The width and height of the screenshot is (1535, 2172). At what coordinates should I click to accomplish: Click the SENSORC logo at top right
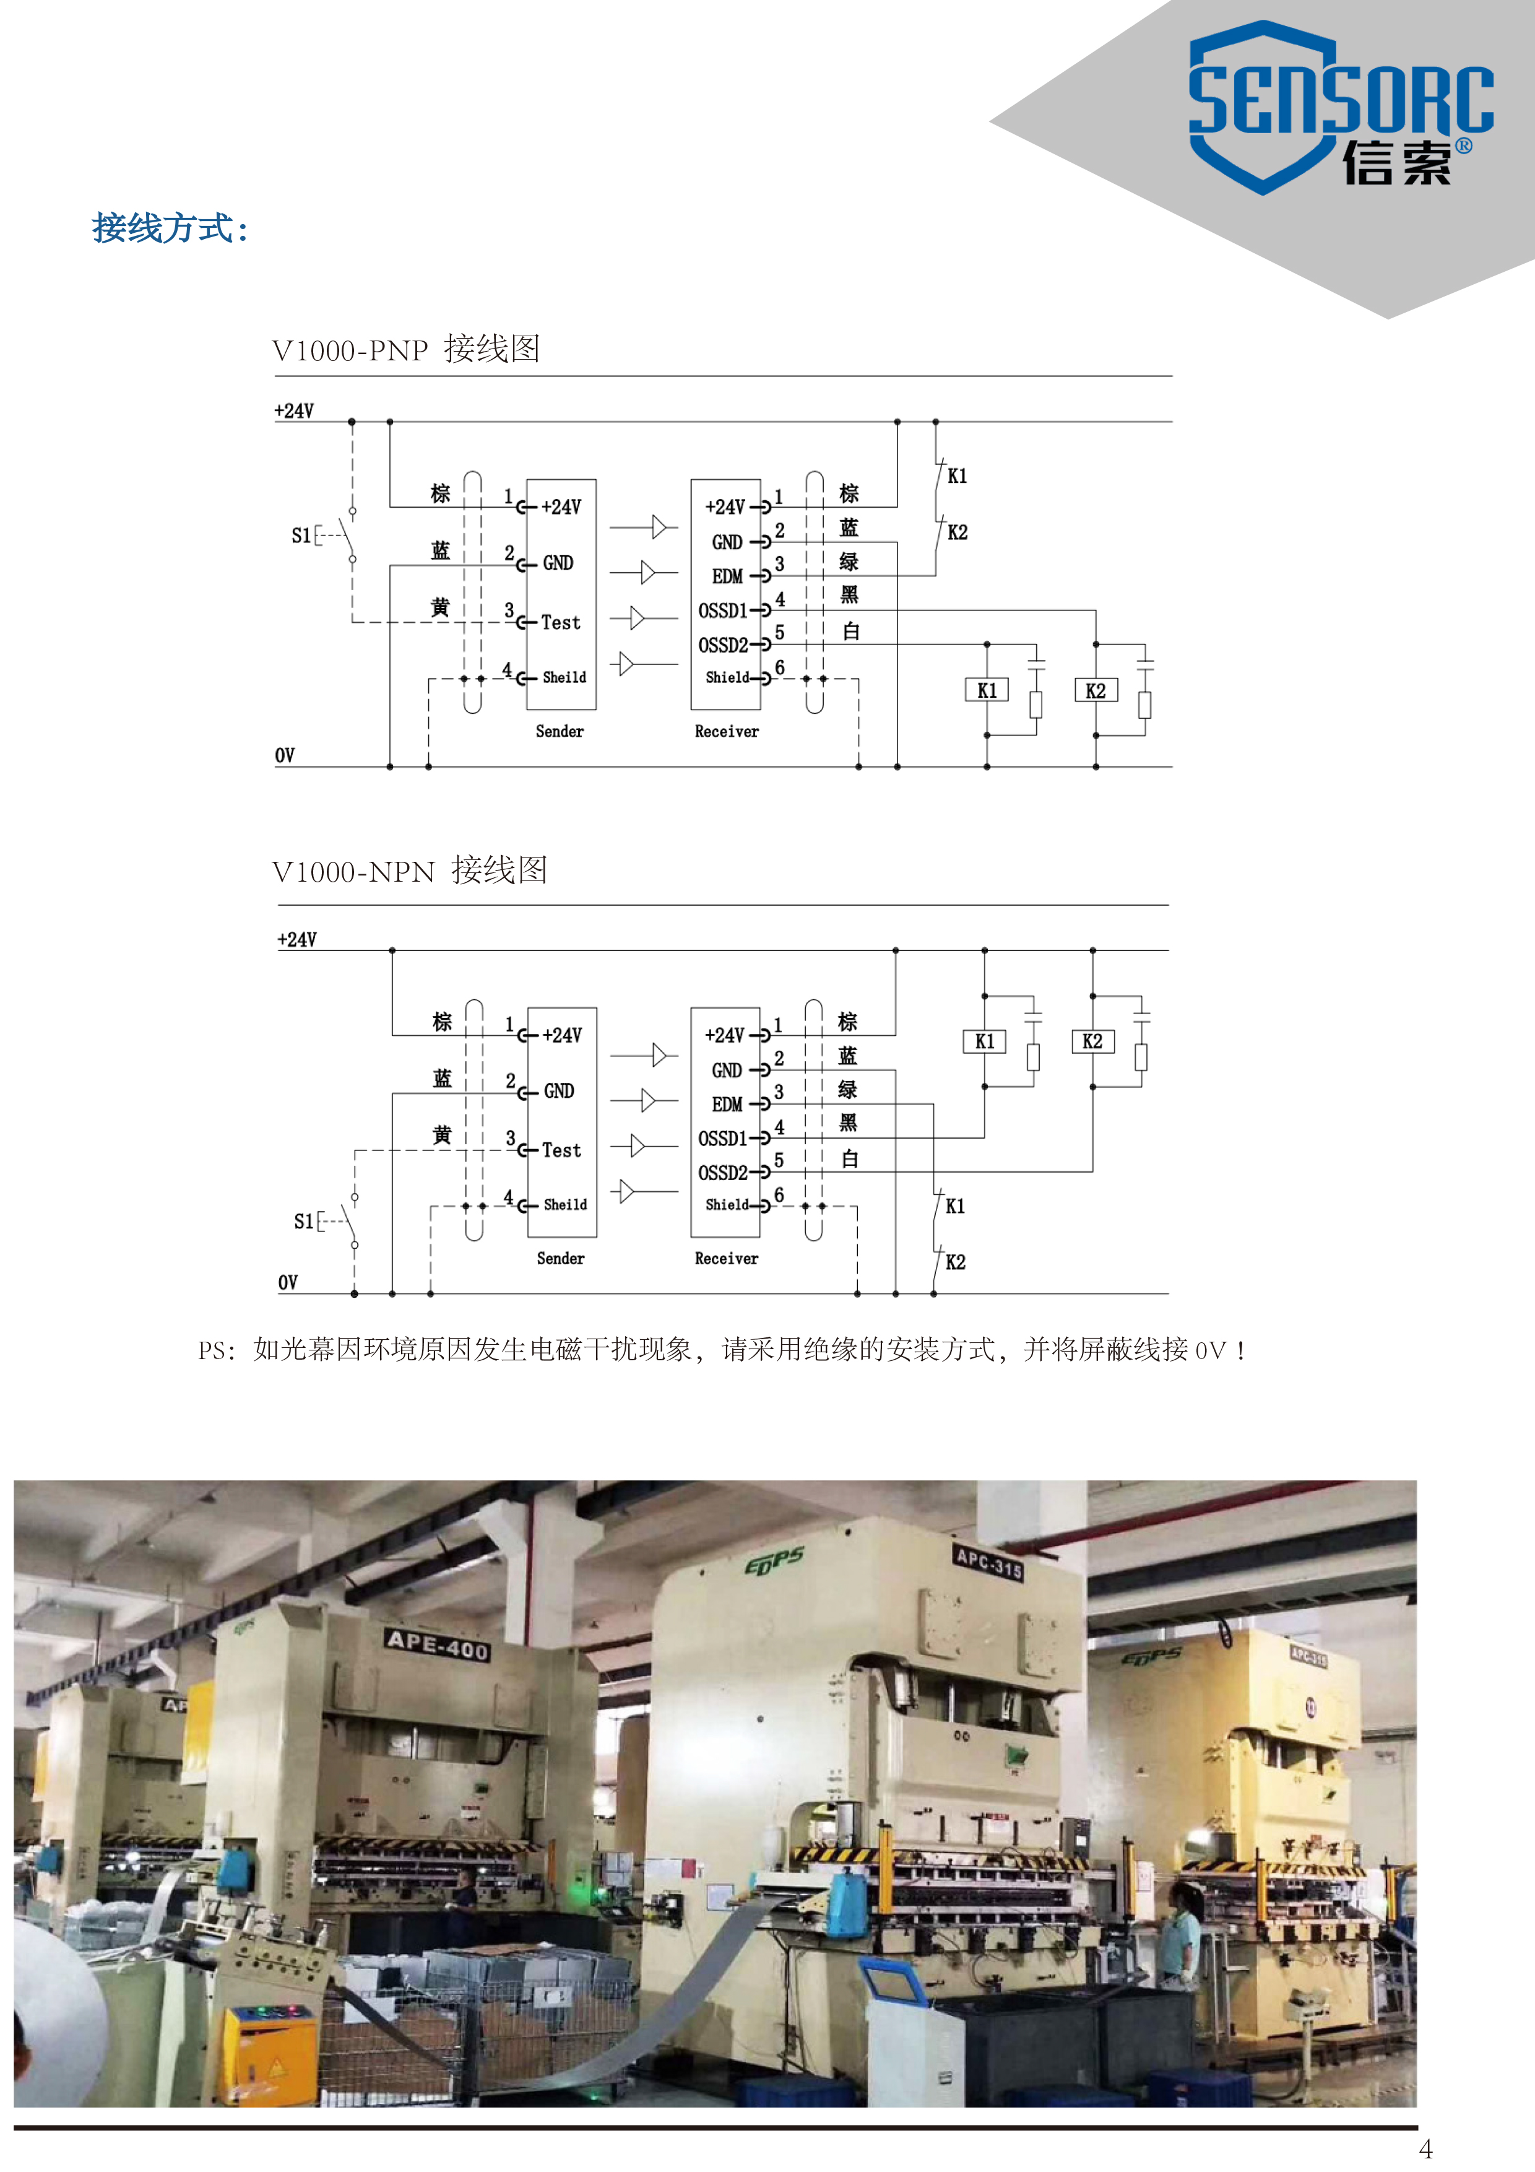click(x=1339, y=108)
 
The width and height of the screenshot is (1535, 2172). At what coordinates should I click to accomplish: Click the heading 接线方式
click(x=170, y=228)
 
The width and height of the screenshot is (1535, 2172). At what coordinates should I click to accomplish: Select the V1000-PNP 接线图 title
click(x=406, y=349)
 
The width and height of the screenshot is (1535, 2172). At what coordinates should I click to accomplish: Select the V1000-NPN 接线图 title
click(x=410, y=871)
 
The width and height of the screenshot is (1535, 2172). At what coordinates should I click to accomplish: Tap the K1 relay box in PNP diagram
click(x=987, y=690)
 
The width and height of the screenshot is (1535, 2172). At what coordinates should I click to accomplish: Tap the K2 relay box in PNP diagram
click(x=1095, y=690)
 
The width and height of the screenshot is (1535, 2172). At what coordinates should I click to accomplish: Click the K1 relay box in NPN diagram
click(x=985, y=1041)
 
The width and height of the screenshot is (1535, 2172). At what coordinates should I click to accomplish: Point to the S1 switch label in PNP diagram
click(x=301, y=536)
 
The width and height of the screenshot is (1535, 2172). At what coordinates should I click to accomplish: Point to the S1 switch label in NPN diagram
click(x=303, y=1221)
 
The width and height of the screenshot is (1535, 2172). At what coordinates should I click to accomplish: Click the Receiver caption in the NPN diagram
click(x=727, y=1258)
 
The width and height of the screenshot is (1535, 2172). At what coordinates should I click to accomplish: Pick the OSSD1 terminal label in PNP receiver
click(x=722, y=611)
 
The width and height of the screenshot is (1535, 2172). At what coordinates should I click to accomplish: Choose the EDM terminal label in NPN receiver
click(x=727, y=1104)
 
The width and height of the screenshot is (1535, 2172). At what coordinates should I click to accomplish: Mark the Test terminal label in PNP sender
click(x=561, y=622)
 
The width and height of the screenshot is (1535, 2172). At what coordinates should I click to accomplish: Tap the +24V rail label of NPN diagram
click(x=297, y=939)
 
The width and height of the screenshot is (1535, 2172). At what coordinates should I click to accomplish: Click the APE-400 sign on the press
click(x=437, y=1644)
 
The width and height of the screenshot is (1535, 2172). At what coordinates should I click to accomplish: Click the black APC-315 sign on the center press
click(x=988, y=1563)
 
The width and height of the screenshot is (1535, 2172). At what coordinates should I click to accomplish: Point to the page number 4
click(x=1425, y=2148)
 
